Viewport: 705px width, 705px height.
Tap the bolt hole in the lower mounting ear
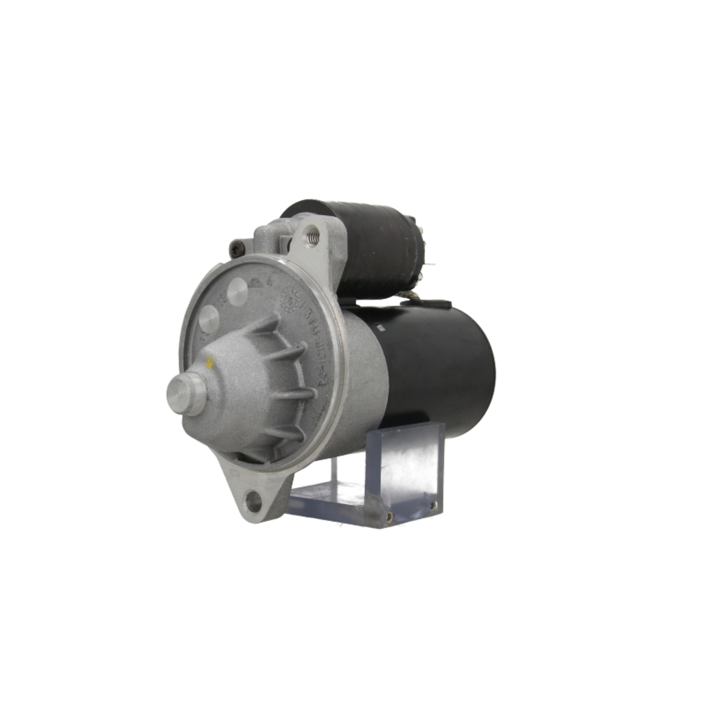253,502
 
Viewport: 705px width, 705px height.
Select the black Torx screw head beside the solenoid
238,248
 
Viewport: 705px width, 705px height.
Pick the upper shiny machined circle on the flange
238,291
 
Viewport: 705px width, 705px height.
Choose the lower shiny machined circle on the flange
208,319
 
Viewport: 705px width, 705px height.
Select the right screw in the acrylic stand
432,505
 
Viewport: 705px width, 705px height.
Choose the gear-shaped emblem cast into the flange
287,300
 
